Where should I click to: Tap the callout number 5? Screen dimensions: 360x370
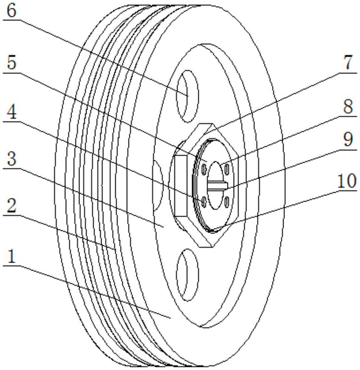(11, 63)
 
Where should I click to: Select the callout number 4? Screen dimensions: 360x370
(11, 112)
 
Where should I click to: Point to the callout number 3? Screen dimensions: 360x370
(11, 159)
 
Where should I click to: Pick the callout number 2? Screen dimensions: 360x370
(11, 205)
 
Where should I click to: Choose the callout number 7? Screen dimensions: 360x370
(348, 62)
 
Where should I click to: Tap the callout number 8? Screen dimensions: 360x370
(348, 106)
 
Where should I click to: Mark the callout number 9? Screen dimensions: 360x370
(348, 139)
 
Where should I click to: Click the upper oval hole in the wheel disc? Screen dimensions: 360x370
(188, 96)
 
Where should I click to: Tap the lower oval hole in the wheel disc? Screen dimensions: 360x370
(188, 275)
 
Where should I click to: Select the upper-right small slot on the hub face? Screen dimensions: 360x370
(227, 169)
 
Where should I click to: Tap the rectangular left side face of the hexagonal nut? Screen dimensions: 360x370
(181, 186)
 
